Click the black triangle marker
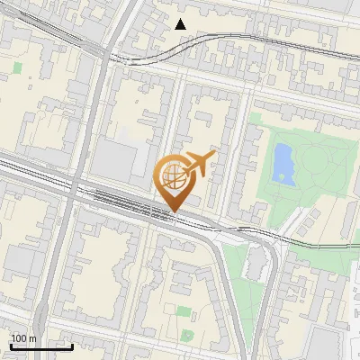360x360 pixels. point(181,24)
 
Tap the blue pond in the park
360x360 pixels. point(283,163)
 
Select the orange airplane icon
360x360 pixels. point(198,164)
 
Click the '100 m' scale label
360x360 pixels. point(23,338)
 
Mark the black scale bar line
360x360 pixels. point(41,346)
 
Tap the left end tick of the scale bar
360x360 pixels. point(11,344)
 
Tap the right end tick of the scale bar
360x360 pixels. point(72,344)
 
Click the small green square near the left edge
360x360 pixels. point(18,67)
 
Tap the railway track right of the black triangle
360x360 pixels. point(234,40)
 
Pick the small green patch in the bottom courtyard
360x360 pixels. point(184,311)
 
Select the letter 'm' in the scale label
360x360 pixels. point(32,338)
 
